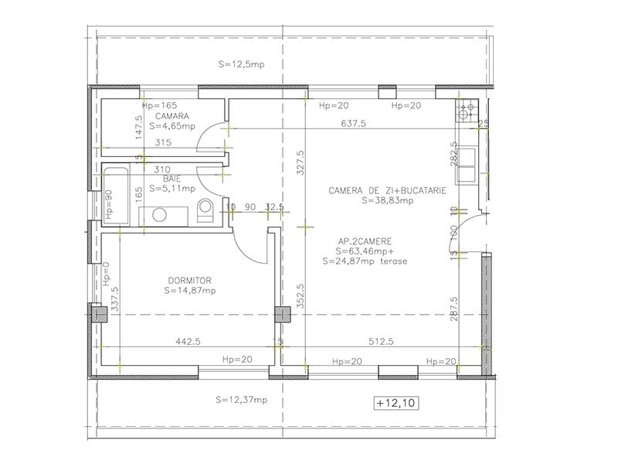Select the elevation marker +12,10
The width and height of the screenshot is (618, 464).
(396, 403)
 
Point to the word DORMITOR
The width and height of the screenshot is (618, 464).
(189, 281)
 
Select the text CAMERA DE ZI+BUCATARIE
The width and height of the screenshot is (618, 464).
(386, 189)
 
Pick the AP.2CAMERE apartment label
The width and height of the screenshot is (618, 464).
(364, 241)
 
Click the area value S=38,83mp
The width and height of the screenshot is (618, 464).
(388, 200)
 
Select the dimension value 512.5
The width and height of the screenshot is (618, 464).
(380, 340)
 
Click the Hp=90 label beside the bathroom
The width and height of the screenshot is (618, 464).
(109, 203)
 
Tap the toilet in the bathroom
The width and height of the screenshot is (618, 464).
(206, 210)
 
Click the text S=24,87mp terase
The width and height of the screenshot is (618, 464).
(365, 261)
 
